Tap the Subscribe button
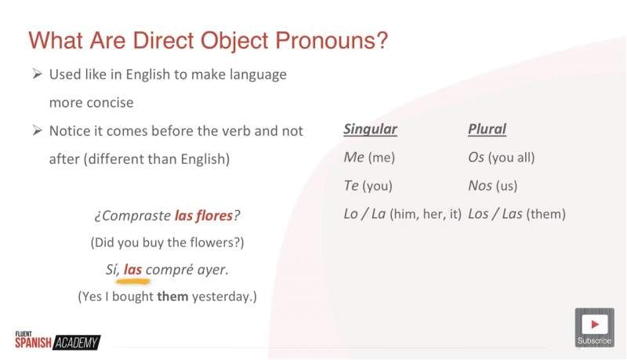pos(594,328)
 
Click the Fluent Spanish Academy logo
pos(57,340)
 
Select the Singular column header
pos(370,129)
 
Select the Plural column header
pos(487,129)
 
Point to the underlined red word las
pos(132,270)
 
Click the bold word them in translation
pos(172,297)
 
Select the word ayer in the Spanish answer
pos(209,270)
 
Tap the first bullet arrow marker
pos(36,75)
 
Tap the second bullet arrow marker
pos(36,131)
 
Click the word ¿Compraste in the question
pos(132,215)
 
